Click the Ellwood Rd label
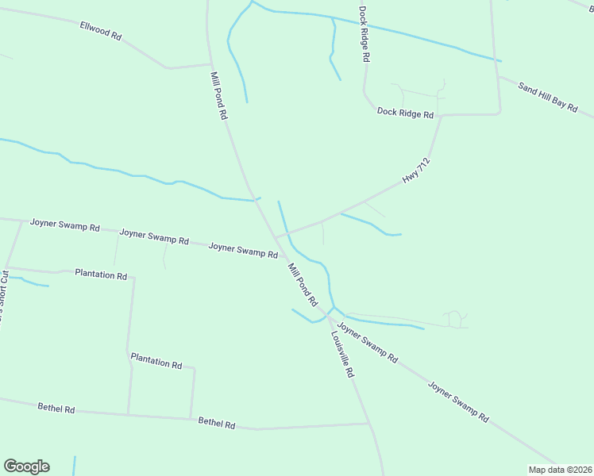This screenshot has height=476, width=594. click(x=100, y=31)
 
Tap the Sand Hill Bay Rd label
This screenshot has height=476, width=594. click(x=548, y=96)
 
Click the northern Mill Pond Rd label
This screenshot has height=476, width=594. click(x=219, y=95)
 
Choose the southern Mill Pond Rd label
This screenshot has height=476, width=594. click(x=303, y=285)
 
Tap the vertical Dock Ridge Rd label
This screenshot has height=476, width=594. click(x=364, y=35)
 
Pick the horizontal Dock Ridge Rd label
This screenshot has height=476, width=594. click(x=405, y=114)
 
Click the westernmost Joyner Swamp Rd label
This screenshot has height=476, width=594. click(x=64, y=225)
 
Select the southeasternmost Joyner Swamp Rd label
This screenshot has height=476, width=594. click(x=458, y=401)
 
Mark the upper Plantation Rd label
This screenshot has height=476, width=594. click(x=101, y=274)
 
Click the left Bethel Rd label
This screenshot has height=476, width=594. click(x=56, y=409)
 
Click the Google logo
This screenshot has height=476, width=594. click(x=26, y=466)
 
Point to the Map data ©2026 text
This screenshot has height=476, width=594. click(x=560, y=470)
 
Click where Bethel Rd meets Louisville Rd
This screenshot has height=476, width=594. click(x=370, y=424)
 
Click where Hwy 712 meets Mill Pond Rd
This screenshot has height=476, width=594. click(x=276, y=236)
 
